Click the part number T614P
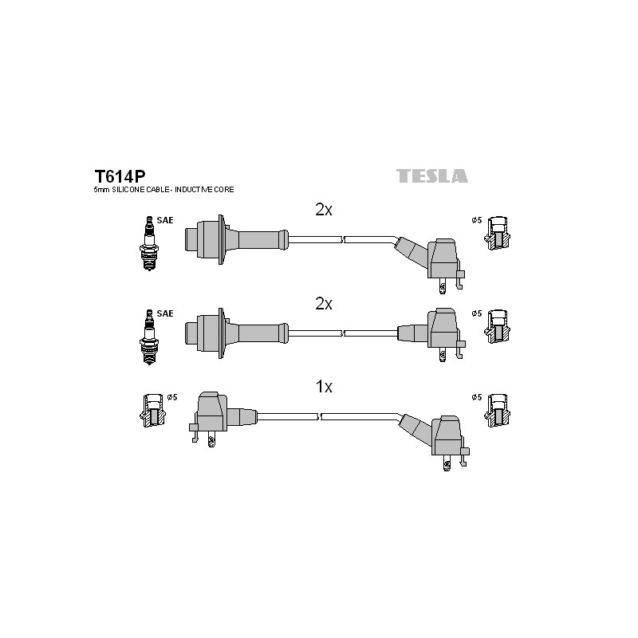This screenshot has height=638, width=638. pos(120,176)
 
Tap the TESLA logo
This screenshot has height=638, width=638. pos(432,175)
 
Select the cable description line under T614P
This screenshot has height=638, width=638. pos(164,190)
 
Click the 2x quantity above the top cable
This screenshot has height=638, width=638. pos(324,210)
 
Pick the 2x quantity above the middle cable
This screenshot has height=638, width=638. pos(324,304)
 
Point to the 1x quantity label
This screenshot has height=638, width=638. pos(324,387)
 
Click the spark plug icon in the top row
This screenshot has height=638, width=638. pos(149,243)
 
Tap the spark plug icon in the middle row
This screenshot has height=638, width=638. pos(149,337)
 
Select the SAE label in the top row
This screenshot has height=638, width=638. pos(165,220)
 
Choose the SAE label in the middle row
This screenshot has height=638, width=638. pos(165,313)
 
